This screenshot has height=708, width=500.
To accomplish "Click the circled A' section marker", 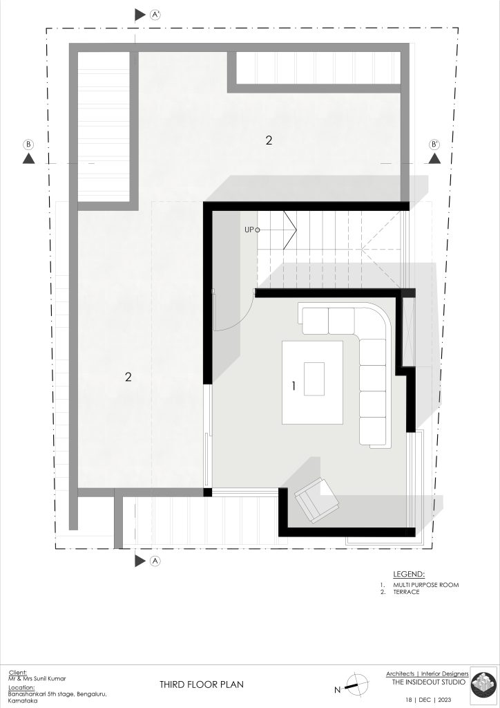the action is pyautogui.click(x=155, y=15).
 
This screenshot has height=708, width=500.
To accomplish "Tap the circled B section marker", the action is pyautogui.click(x=28, y=145).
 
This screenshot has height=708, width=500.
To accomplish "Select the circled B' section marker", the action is pyautogui.click(x=434, y=145).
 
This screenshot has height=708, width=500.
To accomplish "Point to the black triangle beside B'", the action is pyautogui.click(x=434, y=158).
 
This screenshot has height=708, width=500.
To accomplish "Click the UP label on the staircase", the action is pyautogui.click(x=249, y=230).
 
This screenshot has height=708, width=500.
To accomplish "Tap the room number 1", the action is pyautogui.click(x=294, y=386).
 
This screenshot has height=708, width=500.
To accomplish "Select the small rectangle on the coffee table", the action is pyautogui.click(x=314, y=379).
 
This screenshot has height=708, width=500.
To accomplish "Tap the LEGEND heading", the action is pyautogui.click(x=408, y=575).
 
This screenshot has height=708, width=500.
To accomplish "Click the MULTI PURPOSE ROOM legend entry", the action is pyautogui.click(x=425, y=585).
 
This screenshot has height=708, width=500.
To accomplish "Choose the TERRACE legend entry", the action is pyautogui.click(x=406, y=592).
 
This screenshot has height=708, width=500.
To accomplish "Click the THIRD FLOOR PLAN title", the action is pyautogui.click(x=202, y=684).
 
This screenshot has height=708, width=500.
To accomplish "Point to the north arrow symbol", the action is pyautogui.click(x=355, y=684).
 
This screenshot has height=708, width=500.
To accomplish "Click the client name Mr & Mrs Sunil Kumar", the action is pyautogui.click(x=37, y=679).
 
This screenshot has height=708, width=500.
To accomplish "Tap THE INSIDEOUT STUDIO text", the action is pyautogui.click(x=428, y=682).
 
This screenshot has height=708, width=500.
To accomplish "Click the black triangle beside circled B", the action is pyautogui.click(x=28, y=158).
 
